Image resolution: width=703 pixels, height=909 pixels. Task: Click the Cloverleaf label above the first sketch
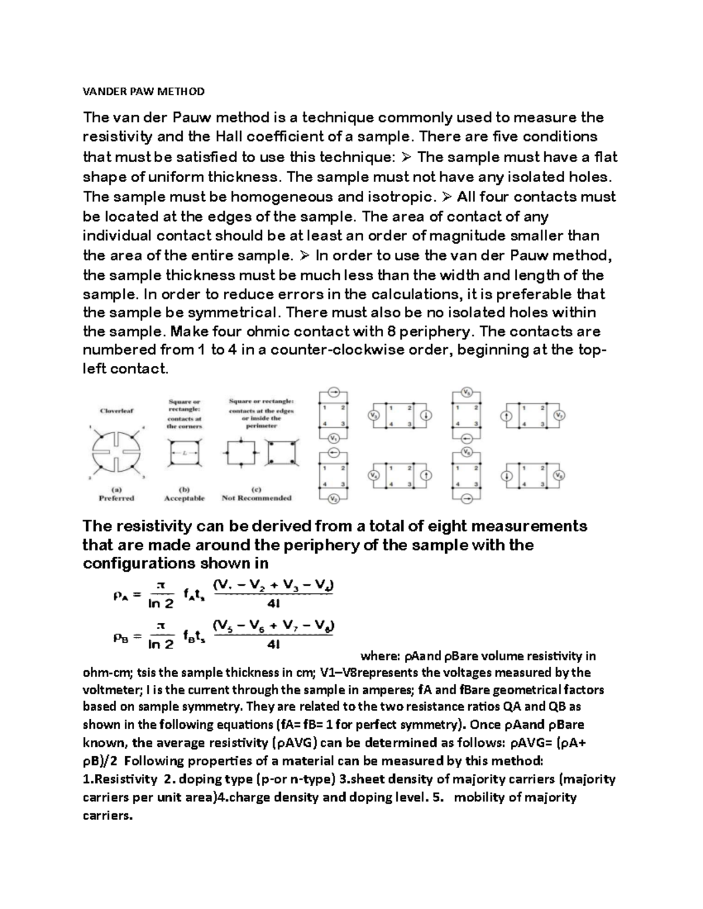point(117,411)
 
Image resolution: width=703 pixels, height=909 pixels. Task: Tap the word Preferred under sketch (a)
point(117,498)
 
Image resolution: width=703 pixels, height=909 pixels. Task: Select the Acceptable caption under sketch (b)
point(185,498)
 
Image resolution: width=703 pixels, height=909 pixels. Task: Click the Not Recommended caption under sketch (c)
point(257,498)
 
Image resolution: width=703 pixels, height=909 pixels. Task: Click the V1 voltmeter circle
point(333,438)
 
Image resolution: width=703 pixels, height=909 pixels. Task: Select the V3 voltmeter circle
point(373,415)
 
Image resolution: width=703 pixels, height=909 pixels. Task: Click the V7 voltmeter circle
point(559,415)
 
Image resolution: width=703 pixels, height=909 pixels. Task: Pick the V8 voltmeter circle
point(559,476)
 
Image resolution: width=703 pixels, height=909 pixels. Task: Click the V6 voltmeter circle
point(467,452)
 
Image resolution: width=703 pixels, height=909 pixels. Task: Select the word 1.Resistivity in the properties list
point(120,779)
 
